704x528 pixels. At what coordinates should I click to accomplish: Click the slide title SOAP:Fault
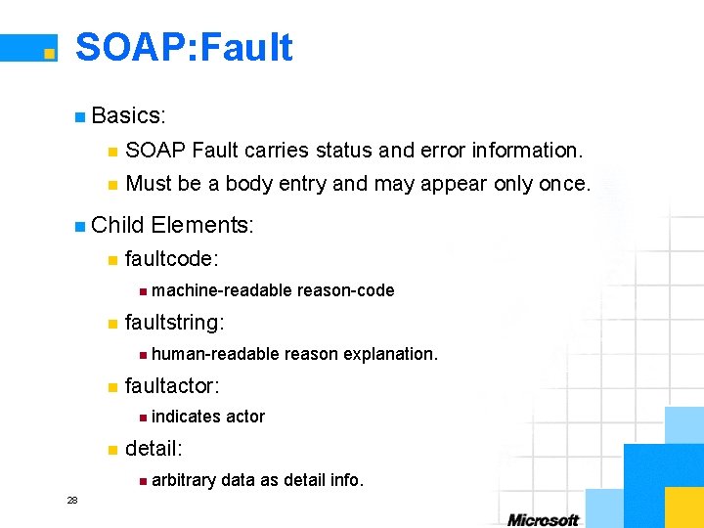(184, 47)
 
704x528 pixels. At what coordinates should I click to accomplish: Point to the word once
(563, 184)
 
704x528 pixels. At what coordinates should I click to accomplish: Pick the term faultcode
(170, 258)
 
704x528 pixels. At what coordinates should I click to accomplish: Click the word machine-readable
(222, 290)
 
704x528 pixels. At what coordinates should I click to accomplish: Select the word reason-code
(346, 290)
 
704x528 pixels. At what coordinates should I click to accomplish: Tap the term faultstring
(173, 322)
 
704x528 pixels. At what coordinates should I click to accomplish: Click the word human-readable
(216, 354)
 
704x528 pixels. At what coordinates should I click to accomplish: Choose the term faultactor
(170, 385)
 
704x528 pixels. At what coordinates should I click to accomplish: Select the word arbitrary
(184, 480)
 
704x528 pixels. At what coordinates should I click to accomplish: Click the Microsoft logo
(544, 519)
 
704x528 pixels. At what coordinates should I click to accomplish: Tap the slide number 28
(72, 501)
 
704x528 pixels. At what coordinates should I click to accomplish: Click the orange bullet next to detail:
(112, 450)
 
